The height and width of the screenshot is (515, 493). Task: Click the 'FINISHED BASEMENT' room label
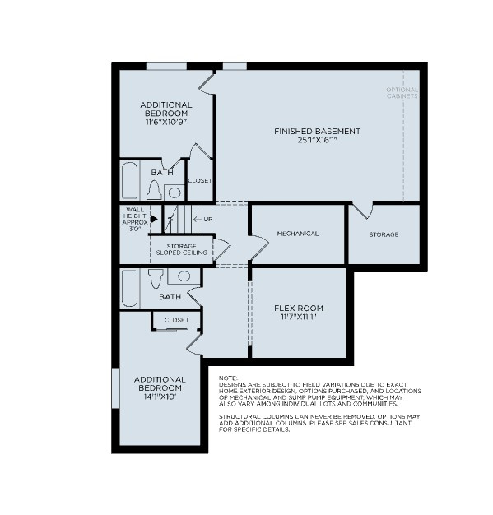click(x=317, y=131)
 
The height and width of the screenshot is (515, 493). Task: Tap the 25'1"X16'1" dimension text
click(x=317, y=140)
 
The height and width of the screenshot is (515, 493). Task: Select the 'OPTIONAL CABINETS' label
click(x=402, y=92)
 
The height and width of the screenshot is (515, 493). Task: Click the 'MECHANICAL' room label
click(x=297, y=234)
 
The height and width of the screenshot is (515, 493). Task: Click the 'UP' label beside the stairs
click(x=207, y=219)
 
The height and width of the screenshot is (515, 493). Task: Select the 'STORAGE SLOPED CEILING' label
click(x=181, y=249)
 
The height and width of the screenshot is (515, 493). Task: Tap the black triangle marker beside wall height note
click(x=154, y=219)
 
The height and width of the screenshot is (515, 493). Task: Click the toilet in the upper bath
click(x=153, y=191)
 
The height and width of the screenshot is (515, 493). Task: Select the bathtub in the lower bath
click(x=129, y=288)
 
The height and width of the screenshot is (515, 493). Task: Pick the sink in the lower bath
click(x=184, y=276)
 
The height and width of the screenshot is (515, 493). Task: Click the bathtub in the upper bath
click(x=129, y=181)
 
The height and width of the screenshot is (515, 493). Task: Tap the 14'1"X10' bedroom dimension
click(x=160, y=397)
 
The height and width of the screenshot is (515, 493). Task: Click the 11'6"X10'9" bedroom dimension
click(x=166, y=122)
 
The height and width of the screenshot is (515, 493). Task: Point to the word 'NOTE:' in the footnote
click(x=228, y=378)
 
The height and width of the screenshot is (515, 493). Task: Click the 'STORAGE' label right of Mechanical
click(x=384, y=234)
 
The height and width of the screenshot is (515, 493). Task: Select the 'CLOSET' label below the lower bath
click(x=176, y=320)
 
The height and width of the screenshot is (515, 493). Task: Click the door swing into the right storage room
click(x=362, y=211)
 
